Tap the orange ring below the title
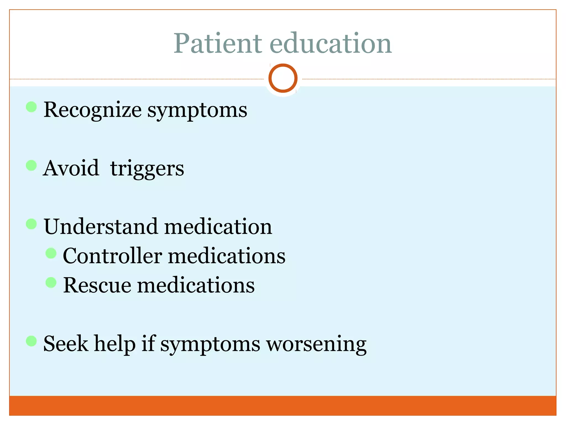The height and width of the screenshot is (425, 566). pos(283,78)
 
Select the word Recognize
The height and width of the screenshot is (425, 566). pos(93,110)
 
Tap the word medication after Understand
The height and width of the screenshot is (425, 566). pos(218,227)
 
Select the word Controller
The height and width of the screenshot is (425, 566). pos(112,256)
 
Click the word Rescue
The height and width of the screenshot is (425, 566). pos(97,285)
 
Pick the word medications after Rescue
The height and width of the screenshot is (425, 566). pos(196,285)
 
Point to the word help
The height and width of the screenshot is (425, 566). pos(115,344)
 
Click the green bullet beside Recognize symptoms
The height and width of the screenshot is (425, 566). pos(31,107)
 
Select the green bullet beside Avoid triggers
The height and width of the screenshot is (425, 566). pos(31,165)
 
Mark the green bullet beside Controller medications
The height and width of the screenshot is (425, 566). pos(51,253)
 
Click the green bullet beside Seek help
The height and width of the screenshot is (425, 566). pos(31,341)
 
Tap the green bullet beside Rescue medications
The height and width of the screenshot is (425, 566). pos(51,282)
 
